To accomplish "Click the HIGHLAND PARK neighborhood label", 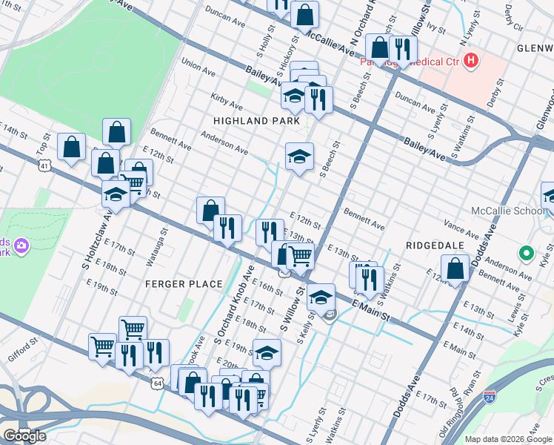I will [256, 120].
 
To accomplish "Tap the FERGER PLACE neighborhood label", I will [184, 284].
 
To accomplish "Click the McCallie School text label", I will [503, 211].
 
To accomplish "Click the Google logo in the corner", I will [24, 435].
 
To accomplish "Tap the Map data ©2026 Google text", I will [508, 439].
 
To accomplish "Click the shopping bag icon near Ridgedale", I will [455, 268].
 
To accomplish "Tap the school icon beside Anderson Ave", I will [299, 156].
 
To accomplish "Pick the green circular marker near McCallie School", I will [527, 254].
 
